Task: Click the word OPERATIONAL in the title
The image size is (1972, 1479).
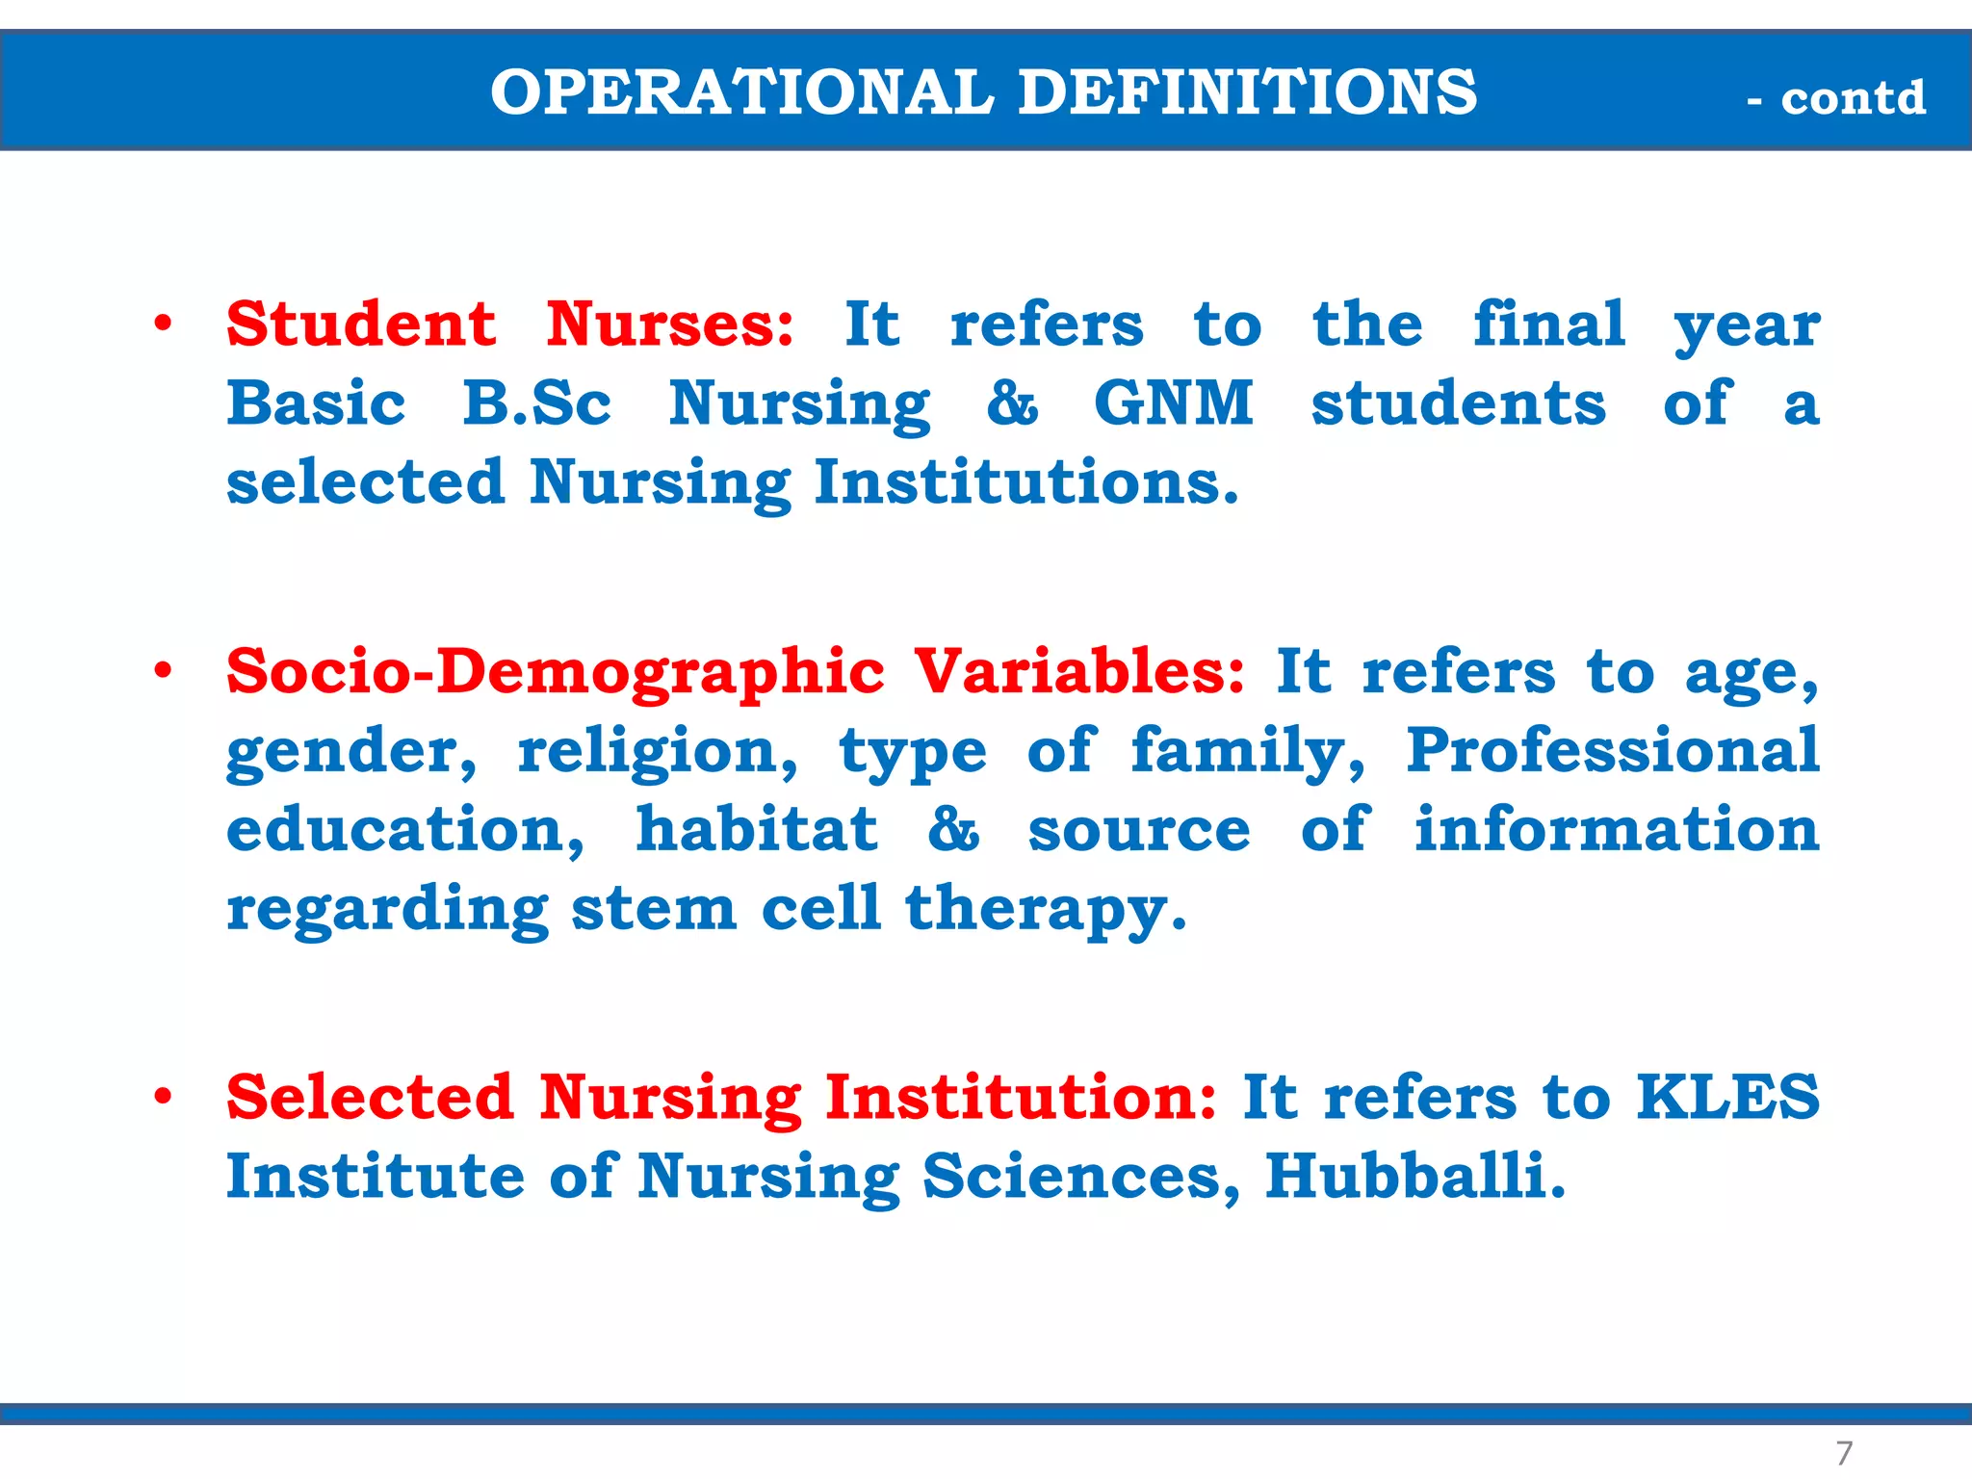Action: (x=741, y=92)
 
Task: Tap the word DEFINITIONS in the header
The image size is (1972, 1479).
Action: (x=1247, y=92)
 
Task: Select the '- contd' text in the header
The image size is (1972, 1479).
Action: (x=1836, y=98)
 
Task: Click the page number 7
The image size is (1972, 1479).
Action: (x=1844, y=1452)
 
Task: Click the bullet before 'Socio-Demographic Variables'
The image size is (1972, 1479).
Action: (x=164, y=671)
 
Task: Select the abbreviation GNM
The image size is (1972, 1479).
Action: (x=1174, y=402)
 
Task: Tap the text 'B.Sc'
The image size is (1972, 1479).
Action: (x=536, y=402)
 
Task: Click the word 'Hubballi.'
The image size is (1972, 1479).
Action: (x=1415, y=1176)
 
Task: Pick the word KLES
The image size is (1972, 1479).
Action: (x=1728, y=1097)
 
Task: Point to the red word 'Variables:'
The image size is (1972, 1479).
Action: (x=1079, y=671)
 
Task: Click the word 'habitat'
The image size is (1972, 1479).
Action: (x=757, y=829)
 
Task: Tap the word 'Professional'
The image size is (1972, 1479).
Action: (x=1613, y=750)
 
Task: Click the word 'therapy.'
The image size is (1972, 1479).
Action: (x=1046, y=909)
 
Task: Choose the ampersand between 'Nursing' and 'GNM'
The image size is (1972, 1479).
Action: (x=1012, y=402)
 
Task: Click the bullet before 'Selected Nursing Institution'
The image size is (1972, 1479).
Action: (x=164, y=1097)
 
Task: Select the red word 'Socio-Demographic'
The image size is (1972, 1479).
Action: (x=556, y=671)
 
